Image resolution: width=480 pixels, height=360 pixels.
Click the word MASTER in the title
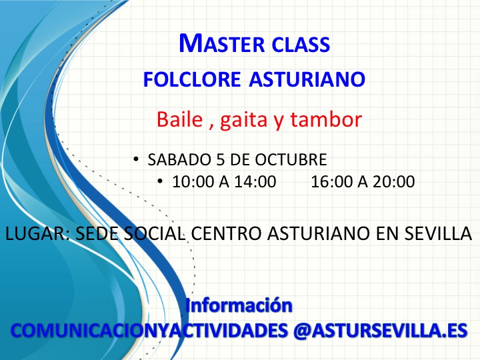coord(221,43)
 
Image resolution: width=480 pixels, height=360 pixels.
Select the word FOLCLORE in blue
coord(192,79)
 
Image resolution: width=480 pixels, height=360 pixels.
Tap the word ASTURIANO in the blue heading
coord(307,79)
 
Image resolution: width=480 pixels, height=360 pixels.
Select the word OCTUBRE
coord(291,159)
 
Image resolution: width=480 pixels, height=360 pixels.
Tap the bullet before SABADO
coord(136,159)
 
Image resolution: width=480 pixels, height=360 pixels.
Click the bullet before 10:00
coord(160,181)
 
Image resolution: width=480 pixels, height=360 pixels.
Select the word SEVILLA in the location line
coord(439,233)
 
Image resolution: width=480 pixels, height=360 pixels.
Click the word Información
coord(239,305)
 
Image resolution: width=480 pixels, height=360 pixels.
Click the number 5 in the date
coord(221,159)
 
